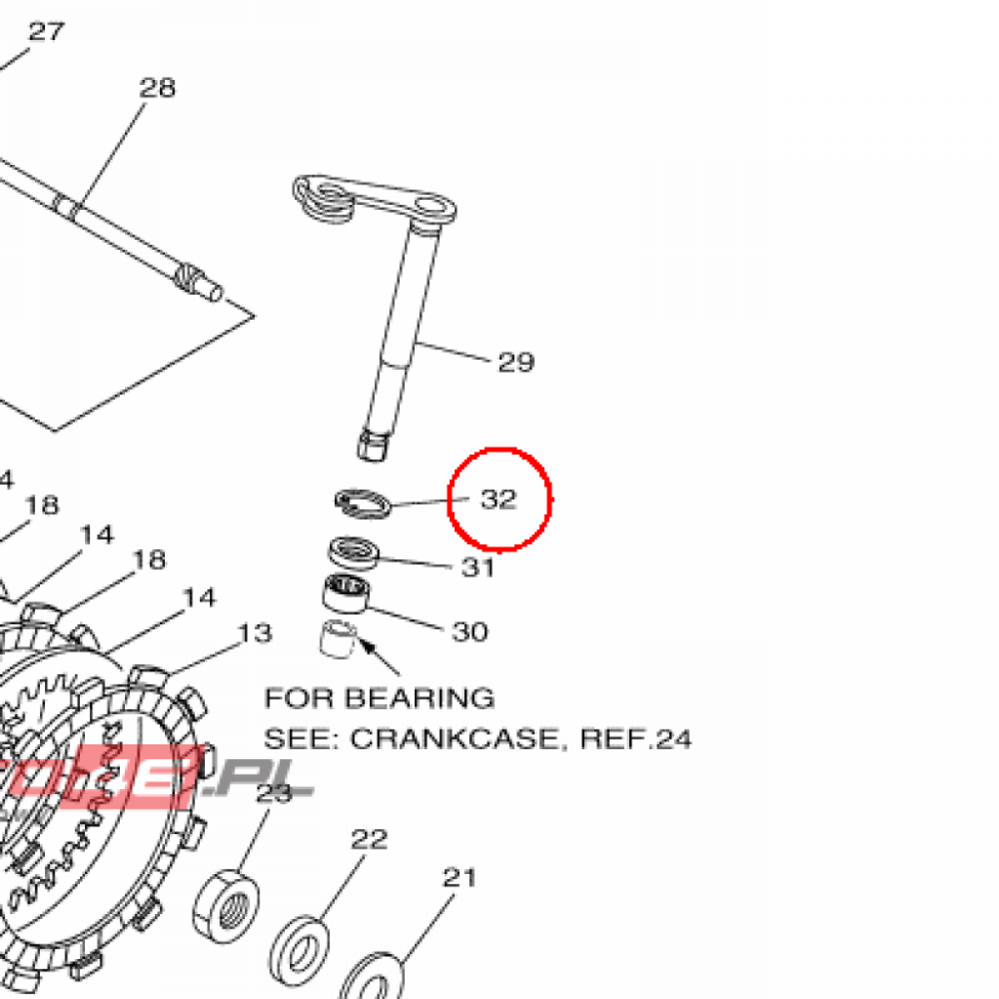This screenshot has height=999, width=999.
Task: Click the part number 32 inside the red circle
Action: [498, 499]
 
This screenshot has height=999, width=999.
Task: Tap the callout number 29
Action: [516, 363]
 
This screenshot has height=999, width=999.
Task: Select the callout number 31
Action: [478, 567]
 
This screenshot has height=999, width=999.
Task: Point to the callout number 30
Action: [469, 632]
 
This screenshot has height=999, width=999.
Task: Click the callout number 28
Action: [157, 88]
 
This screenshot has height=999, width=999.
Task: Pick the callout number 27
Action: [46, 31]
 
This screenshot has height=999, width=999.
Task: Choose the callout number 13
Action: [255, 634]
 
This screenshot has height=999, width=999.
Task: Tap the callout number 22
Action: [370, 839]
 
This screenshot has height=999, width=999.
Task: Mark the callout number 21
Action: [459, 877]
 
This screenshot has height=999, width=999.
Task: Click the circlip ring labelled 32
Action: [362, 502]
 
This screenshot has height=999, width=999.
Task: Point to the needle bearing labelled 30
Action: [346, 593]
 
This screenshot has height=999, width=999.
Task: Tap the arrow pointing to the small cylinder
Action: [381, 658]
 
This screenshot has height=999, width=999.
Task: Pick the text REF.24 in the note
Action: [636, 739]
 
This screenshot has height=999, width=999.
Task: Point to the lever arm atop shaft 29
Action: [376, 199]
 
